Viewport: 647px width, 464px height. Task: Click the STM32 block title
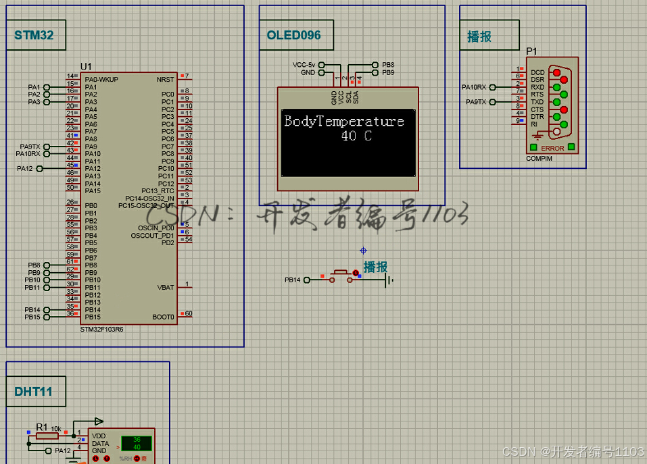[34, 35]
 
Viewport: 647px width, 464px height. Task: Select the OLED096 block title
[293, 35]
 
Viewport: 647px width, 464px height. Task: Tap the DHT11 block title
[33, 392]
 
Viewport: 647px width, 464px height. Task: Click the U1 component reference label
[86, 66]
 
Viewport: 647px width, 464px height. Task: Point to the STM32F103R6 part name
[101, 329]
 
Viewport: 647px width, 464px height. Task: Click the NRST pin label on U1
[165, 79]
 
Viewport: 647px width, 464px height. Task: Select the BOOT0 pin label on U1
[163, 316]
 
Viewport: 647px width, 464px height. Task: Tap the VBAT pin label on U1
[166, 287]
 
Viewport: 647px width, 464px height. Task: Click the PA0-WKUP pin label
[101, 79]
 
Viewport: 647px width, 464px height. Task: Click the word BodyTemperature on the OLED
[344, 122]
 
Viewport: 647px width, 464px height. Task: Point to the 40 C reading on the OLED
[356, 136]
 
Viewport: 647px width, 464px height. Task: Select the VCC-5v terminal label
[304, 65]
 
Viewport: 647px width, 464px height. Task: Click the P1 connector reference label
[532, 51]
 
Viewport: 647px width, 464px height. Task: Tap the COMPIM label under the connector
[539, 159]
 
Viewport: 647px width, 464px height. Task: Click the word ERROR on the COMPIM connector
[552, 149]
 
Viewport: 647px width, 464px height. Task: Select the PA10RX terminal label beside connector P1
[473, 87]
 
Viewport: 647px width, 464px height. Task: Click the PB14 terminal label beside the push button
[292, 280]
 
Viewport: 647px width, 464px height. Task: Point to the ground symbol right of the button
[388, 280]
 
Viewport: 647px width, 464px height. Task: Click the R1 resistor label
[42, 427]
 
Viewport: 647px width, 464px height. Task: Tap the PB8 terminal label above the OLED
[388, 65]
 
